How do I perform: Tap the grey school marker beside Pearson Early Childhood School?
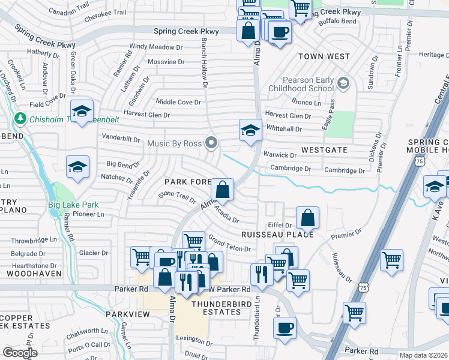(344, 82)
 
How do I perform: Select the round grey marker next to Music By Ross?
(211, 143)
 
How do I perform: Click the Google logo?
(20, 352)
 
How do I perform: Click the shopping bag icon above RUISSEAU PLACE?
(307, 218)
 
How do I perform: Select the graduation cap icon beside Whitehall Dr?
(251, 130)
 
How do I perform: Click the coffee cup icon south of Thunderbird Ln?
(285, 328)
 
